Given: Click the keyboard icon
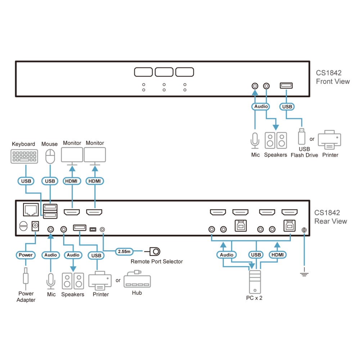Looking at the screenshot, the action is click(24, 156).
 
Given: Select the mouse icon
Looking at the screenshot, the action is click(50, 156).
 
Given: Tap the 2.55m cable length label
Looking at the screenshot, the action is click(124, 252).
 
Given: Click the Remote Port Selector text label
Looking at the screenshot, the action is click(157, 261).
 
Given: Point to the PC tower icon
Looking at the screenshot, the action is click(255, 282).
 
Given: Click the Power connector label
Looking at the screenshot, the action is click(26, 255).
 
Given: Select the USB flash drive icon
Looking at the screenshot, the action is click(301, 136).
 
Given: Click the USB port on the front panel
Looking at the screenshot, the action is click(286, 86).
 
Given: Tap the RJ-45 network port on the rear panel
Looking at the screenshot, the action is click(31, 210).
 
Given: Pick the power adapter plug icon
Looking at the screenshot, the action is click(26, 279).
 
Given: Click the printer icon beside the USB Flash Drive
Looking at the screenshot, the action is click(329, 140).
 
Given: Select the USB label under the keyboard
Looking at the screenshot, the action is click(26, 181).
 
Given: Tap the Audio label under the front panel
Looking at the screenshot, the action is click(261, 107).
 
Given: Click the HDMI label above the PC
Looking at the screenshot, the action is click(277, 255).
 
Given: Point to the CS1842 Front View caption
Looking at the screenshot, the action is click(333, 77).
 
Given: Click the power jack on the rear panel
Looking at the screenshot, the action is click(35, 226).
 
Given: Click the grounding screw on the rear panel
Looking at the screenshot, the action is click(304, 230).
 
